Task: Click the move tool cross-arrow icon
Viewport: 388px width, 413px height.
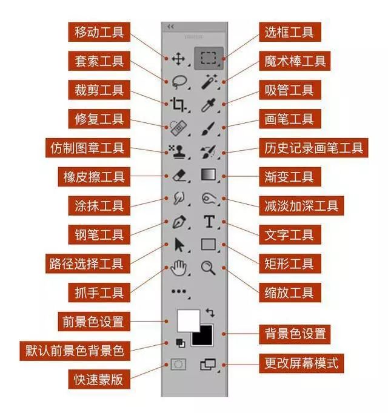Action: pyautogui.click(x=178, y=59)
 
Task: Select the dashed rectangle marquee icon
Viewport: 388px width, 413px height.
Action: pyautogui.click(x=209, y=58)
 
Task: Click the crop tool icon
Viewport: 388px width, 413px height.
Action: pyautogui.click(x=178, y=104)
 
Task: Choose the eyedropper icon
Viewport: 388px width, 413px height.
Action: pyautogui.click(x=209, y=104)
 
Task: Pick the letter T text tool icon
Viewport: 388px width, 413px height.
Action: pyautogui.click(x=209, y=222)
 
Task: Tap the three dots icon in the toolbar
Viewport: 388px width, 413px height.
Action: pyautogui.click(x=178, y=291)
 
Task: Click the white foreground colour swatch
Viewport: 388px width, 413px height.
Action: pyautogui.click(x=188, y=320)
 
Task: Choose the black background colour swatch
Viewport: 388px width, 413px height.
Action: pyautogui.click(x=203, y=335)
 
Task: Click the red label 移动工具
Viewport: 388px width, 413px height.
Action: pyautogui.click(x=99, y=31)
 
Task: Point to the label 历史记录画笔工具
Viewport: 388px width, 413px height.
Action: pyautogui.click(x=313, y=148)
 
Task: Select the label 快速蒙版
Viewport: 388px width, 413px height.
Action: pyautogui.click(x=99, y=380)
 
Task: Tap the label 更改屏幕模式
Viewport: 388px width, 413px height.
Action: pyautogui.click(x=301, y=364)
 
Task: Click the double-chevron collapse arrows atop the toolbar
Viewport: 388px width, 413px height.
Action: pyautogui.click(x=170, y=27)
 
